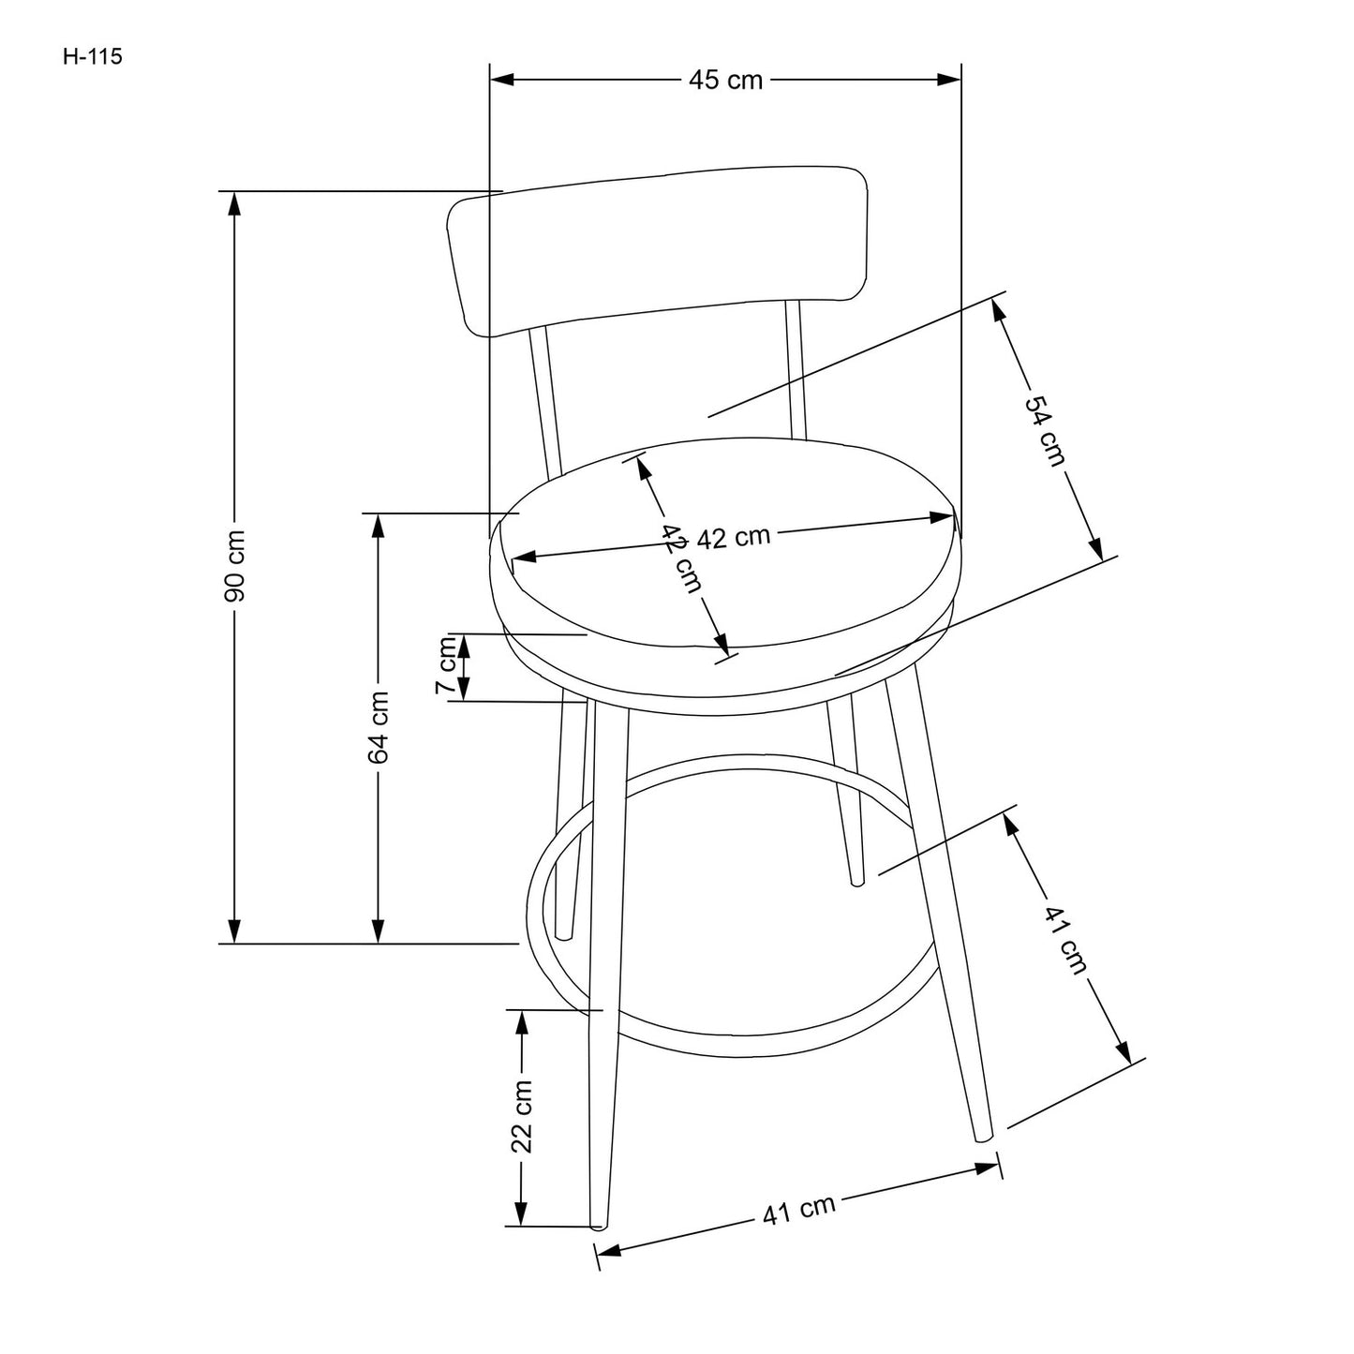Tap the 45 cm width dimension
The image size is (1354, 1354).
pos(726,81)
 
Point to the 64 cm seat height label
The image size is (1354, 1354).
pos(379,727)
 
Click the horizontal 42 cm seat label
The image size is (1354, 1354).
pos(734,538)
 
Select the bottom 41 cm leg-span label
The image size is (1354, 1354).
pos(798,1211)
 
